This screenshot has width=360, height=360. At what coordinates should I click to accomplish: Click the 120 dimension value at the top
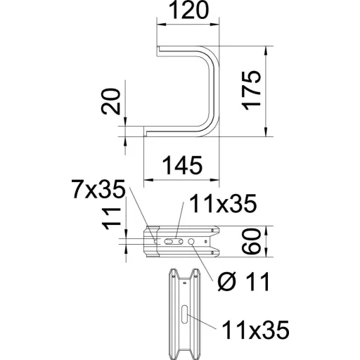pos(188,10)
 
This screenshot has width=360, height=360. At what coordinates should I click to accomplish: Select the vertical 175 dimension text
pos(251,91)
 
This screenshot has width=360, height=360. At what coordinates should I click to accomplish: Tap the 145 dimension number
pos(182,165)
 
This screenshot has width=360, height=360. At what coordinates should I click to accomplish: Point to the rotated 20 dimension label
pos(110,101)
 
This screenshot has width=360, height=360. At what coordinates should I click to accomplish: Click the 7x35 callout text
pos(98,189)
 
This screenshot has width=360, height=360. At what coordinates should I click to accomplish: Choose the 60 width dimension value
pos(251,241)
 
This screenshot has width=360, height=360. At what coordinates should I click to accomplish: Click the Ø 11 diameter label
pos(244,281)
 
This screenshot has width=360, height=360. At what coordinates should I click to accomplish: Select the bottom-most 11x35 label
pos(255,330)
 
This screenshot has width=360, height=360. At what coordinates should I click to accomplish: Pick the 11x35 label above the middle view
pos(223,204)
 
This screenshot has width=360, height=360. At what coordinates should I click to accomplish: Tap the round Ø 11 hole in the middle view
pos(191,241)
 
